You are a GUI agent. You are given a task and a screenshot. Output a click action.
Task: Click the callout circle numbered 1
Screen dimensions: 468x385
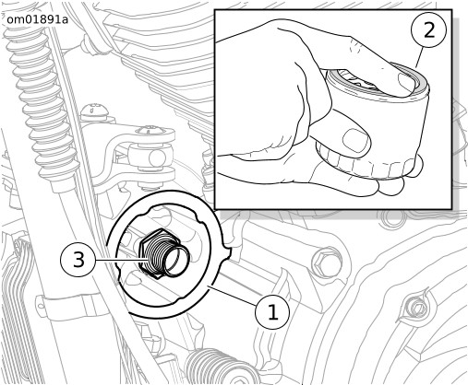272,312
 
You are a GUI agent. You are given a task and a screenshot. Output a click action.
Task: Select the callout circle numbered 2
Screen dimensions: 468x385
428,30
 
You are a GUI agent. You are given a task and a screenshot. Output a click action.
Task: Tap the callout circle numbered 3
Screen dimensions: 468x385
78,260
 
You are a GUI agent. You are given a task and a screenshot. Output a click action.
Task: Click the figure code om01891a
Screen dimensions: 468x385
37,19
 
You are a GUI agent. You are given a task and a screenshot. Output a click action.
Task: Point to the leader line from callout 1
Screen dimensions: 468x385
234,296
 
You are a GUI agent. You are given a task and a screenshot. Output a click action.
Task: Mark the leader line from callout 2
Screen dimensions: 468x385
418,56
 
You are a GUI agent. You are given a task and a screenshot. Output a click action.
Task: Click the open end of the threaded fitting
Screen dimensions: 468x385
177,261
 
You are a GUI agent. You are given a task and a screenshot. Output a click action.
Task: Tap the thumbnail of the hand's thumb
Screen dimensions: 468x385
356,139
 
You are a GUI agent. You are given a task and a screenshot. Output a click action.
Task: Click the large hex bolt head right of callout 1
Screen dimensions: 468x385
327,261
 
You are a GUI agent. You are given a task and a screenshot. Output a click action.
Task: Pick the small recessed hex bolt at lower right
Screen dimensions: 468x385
418,308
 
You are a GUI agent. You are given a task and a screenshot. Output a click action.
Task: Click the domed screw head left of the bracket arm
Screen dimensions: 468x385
94,111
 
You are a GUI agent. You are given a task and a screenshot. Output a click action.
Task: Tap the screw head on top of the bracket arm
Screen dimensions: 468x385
150,130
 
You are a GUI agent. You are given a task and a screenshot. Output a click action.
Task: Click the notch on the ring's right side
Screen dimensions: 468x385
227,251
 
